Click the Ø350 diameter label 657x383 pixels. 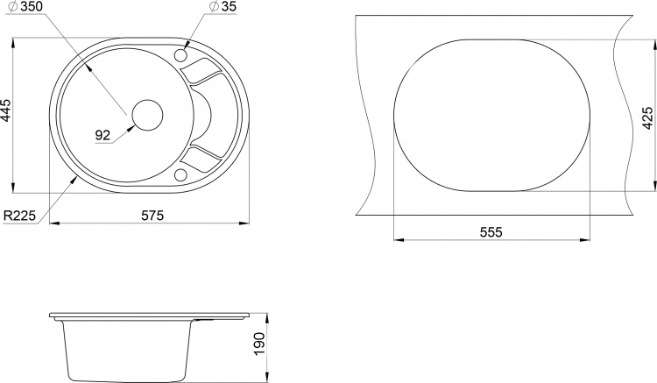point(25,6)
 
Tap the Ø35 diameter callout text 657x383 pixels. point(223,6)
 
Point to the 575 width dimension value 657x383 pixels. point(152,216)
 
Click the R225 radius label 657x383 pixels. point(19,216)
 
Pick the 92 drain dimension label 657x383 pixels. point(102,135)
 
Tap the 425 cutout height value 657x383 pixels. point(647,117)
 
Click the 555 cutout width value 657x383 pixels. point(491,232)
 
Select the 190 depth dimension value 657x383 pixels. point(260,344)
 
